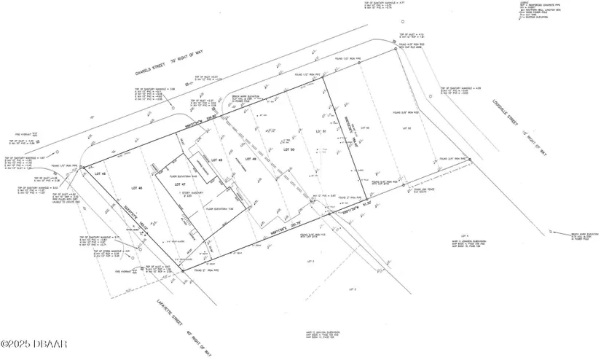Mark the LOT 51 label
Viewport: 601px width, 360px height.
pyautogui.click(x=319, y=131)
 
